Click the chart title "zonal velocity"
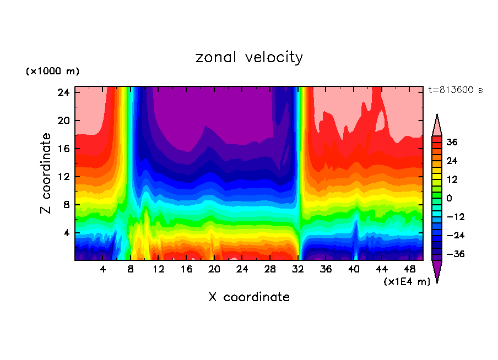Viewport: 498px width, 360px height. pos(249,57)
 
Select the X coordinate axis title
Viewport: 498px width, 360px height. pos(249,297)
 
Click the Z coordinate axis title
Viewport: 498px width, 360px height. pos(46,173)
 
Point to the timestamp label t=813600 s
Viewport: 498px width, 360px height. pos(455,90)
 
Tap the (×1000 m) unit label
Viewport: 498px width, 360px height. pos(52,72)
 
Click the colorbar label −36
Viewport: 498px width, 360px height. pos(456,254)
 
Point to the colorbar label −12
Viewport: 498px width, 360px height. pos(456,217)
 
